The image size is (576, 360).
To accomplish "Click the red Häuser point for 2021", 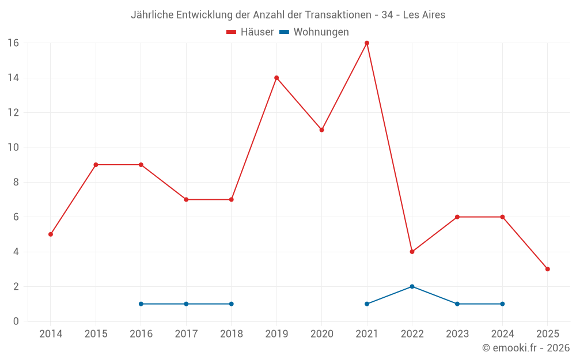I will pyautogui.click(x=367, y=43).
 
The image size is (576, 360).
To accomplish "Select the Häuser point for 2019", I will pyautogui.click(x=276, y=78).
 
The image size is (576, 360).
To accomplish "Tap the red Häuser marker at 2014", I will pyautogui.click(x=51, y=234).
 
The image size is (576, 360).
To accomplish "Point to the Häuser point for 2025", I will pyautogui.click(x=547, y=269).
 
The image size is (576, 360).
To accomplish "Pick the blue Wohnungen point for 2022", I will pyautogui.click(x=412, y=286).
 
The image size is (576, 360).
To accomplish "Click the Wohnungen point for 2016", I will pyautogui.click(x=141, y=304).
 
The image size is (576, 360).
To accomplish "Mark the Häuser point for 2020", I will pyautogui.click(x=321, y=130).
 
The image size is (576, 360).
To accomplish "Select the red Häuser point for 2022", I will pyautogui.click(x=412, y=252).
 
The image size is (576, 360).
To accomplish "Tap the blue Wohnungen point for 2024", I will pyautogui.click(x=502, y=304).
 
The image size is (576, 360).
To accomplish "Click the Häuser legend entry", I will pyautogui.click(x=250, y=32).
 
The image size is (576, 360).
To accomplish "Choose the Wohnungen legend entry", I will pyautogui.click(x=314, y=32).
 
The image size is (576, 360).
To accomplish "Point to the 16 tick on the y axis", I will pyautogui.click(x=13, y=43).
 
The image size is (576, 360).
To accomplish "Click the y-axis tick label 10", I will pyautogui.click(x=13, y=147).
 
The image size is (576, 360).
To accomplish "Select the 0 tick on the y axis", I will pyautogui.click(x=16, y=321).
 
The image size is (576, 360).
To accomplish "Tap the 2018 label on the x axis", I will pyautogui.click(x=231, y=334).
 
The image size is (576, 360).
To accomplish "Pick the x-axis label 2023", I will pyautogui.click(x=457, y=334).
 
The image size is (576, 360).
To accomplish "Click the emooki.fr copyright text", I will pyautogui.click(x=526, y=348).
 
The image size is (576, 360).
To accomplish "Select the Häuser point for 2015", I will pyautogui.click(x=96, y=165).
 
